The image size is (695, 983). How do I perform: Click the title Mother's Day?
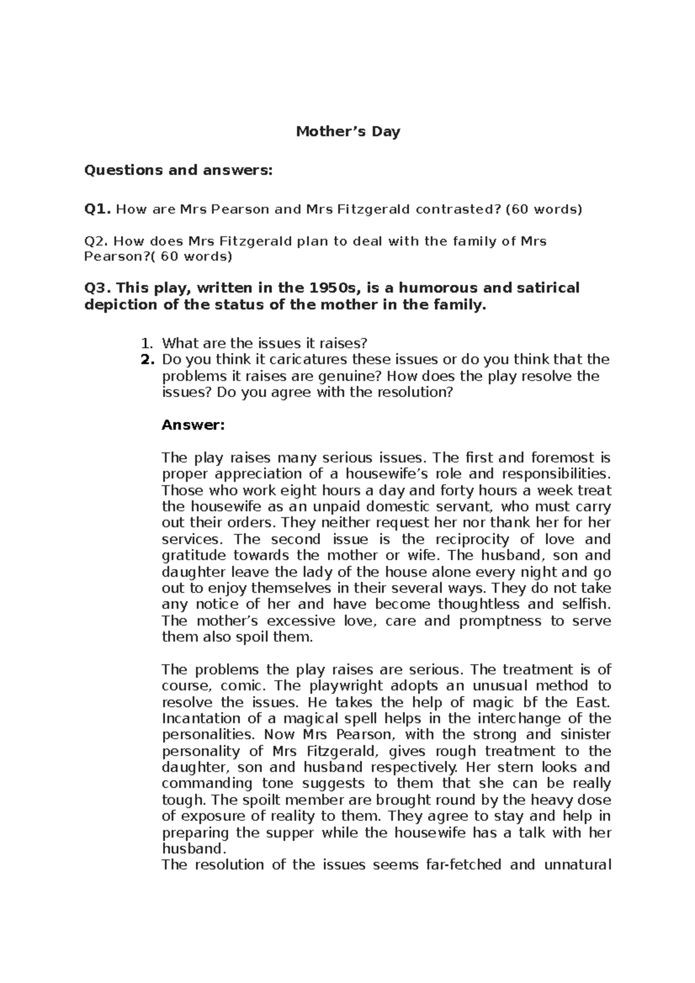click(x=348, y=132)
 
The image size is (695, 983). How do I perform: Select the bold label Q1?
click(x=97, y=209)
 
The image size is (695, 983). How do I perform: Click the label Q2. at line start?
click(x=96, y=241)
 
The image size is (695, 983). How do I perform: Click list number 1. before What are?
click(x=148, y=343)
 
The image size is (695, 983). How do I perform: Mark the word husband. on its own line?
click(x=192, y=849)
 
